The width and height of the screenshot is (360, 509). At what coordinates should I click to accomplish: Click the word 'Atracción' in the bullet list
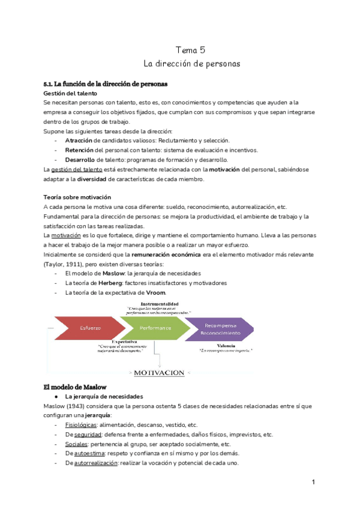pos(79,140)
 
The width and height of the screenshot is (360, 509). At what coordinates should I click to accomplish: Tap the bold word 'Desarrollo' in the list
pos(80,160)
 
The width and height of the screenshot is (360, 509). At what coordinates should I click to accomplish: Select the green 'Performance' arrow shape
pos(155,328)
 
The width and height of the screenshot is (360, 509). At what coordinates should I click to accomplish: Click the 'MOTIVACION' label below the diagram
pos(159,373)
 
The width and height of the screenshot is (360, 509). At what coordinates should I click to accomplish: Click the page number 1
pos(314,482)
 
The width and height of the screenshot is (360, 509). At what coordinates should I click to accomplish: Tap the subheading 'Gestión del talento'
pos(70,94)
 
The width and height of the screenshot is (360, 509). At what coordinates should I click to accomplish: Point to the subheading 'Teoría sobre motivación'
pos(76,197)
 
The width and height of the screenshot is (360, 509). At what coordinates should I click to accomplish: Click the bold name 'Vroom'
pos(155,292)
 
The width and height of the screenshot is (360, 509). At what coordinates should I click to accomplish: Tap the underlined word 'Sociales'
pos(76,444)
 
